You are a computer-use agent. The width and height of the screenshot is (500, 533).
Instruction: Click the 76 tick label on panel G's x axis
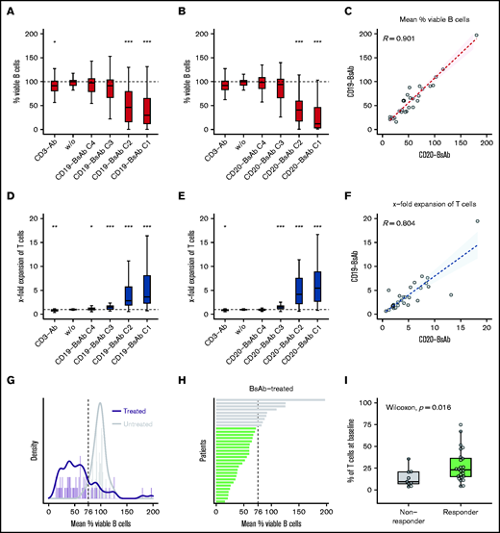87,512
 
